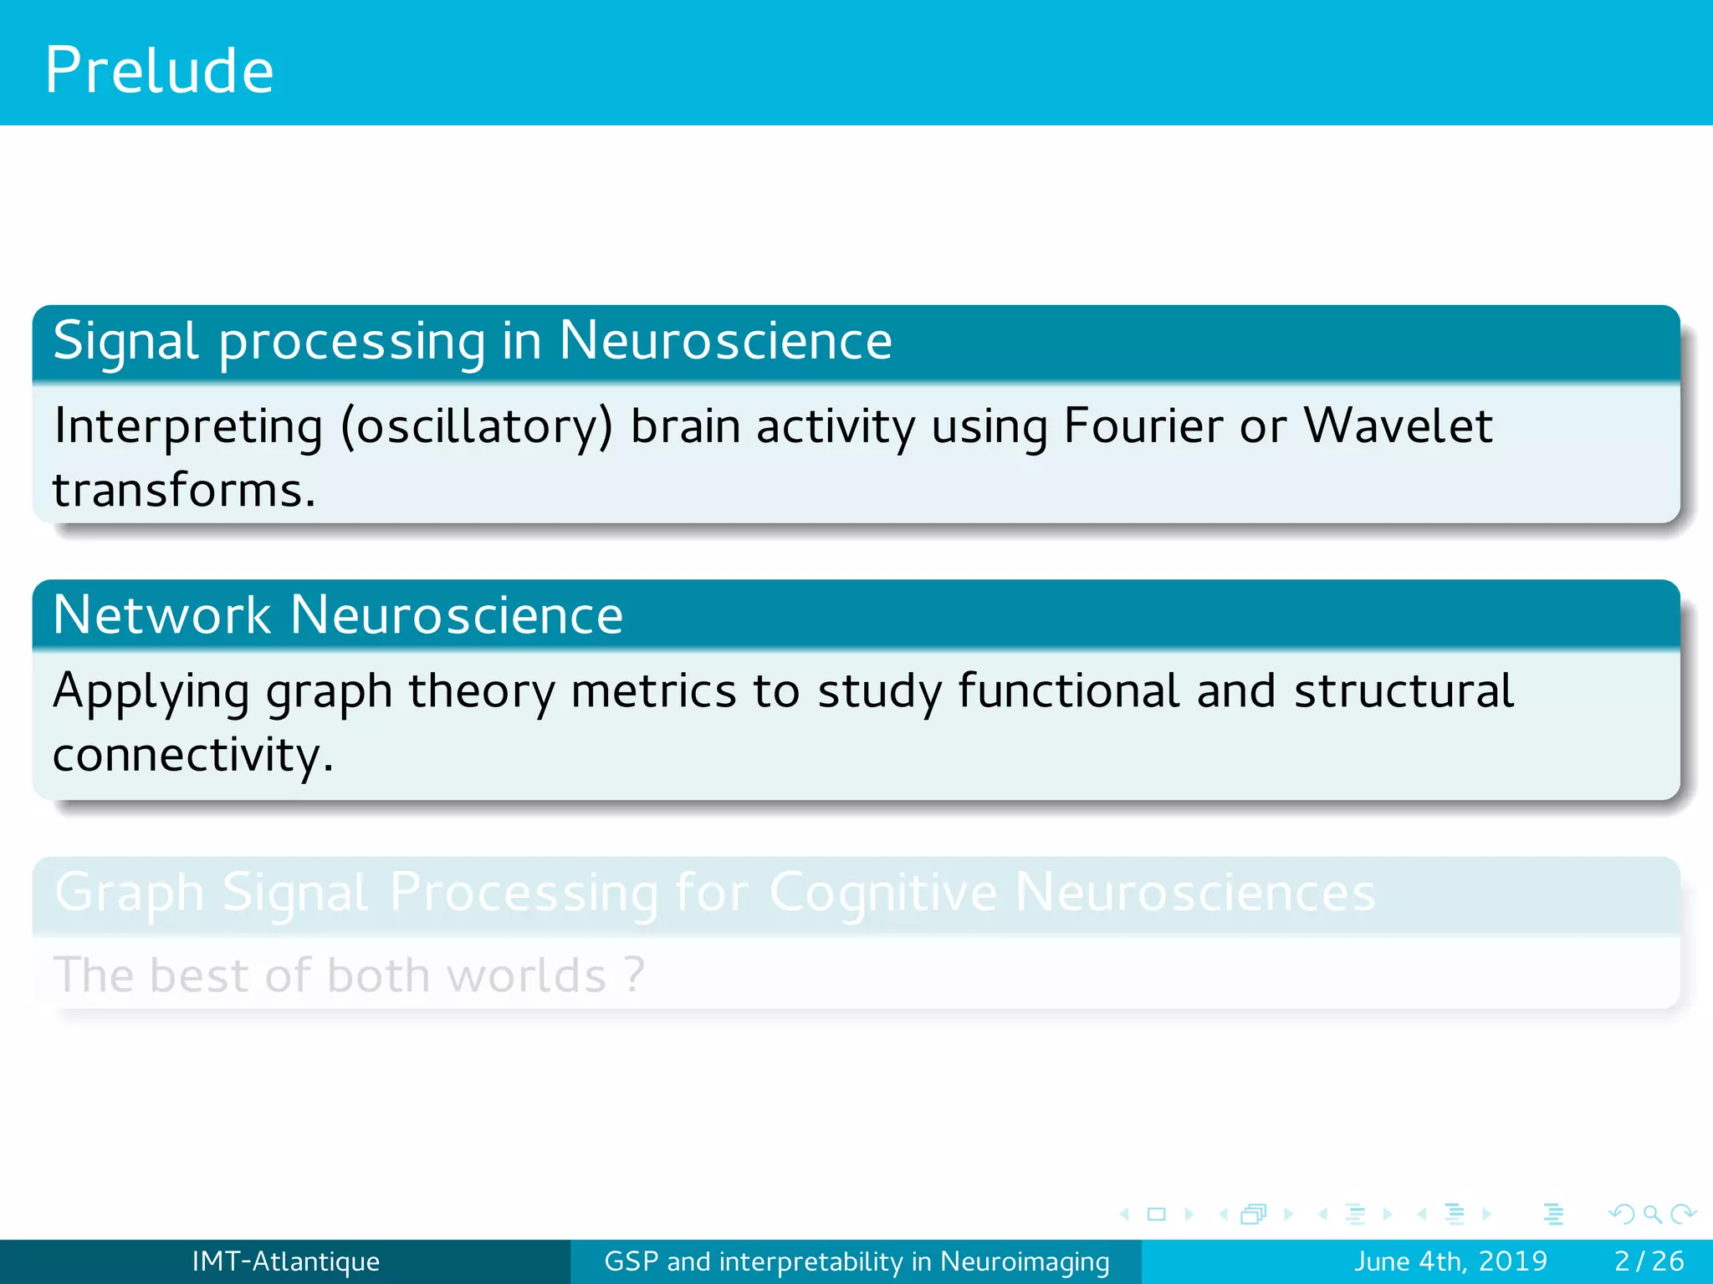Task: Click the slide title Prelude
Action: click(x=159, y=70)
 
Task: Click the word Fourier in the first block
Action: click(x=1143, y=426)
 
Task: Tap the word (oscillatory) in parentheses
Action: click(x=476, y=428)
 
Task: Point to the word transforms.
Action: click(x=183, y=491)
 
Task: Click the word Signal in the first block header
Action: click(x=126, y=342)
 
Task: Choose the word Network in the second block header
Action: click(x=161, y=615)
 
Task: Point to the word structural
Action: click(x=1404, y=692)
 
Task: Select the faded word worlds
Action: click(x=526, y=976)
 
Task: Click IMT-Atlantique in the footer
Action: click(x=285, y=1261)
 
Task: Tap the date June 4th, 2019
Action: click(x=1450, y=1261)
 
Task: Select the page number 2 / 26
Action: click(x=1649, y=1261)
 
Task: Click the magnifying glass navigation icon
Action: click(x=1652, y=1214)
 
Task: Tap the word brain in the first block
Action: click(x=684, y=426)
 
